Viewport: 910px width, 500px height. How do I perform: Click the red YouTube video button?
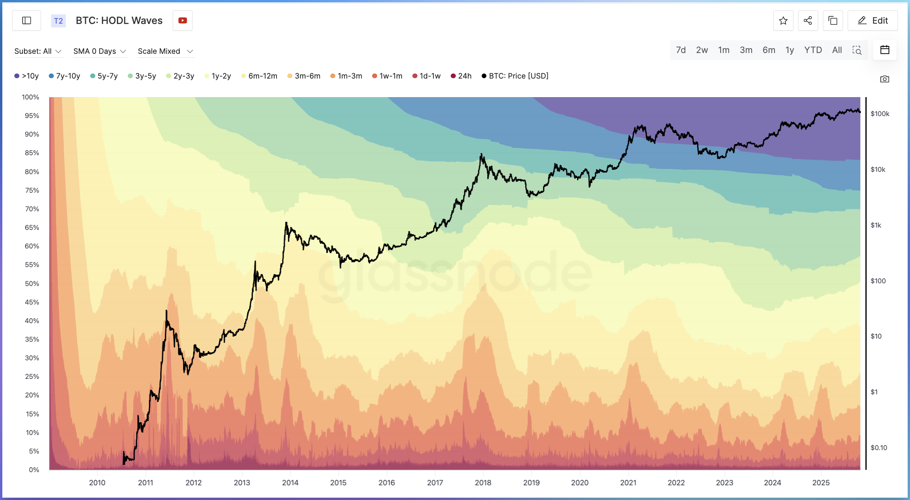(x=182, y=21)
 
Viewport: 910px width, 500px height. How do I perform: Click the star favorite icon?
(x=783, y=21)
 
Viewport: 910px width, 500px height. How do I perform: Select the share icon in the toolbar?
(x=808, y=21)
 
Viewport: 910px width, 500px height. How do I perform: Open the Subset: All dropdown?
(x=38, y=51)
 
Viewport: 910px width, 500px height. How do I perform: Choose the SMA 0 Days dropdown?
(x=100, y=51)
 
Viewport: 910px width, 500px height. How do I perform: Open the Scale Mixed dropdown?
(x=165, y=51)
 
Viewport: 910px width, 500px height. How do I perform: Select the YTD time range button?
(x=813, y=50)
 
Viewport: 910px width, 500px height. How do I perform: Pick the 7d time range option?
(x=681, y=50)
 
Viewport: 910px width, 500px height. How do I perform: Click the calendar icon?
(x=885, y=50)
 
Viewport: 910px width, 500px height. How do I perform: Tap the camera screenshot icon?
(x=884, y=79)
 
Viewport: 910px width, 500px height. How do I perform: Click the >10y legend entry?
(x=27, y=76)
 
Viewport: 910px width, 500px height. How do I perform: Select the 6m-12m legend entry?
(x=259, y=76)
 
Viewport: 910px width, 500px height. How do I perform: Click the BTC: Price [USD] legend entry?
(x=515, y=76)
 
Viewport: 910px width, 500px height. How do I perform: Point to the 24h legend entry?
(x=461, y=76)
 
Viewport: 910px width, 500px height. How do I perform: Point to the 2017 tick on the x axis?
(x=435, y=483)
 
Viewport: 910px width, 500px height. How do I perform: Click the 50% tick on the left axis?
(x=32, y=283)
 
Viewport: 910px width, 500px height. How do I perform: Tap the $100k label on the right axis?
(x=880, y=114)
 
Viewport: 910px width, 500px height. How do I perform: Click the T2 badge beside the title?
(x=58, y=21)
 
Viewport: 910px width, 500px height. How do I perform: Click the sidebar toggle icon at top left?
(x=26, y=21)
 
